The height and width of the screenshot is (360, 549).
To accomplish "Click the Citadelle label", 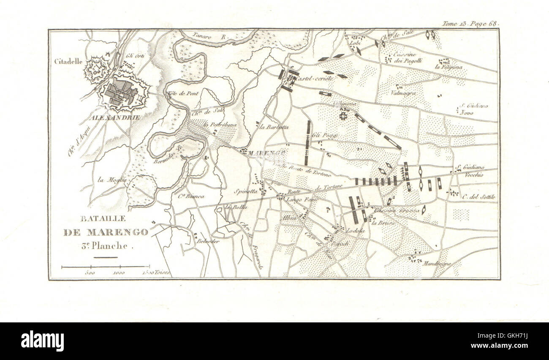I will pyautogui.click(x=67, y=61).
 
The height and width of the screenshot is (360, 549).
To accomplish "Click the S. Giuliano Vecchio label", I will pyautogui.click(x=470, y=171).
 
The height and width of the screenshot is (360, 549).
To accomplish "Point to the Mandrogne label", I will pyautogui.click(x=437, y=263).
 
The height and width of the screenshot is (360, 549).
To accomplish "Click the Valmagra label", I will pyautogui.click(x=404, y=93).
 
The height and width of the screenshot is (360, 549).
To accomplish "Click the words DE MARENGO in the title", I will pyautogui.click(x=106, y=232).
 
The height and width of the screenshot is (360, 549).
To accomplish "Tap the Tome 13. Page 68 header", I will pyautogui.click(x=470, y=24).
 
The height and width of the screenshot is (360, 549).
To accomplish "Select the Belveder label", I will pyautogui.click(x=208, y=241).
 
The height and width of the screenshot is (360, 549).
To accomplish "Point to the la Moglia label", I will pyautogui.click(x=111, y=180).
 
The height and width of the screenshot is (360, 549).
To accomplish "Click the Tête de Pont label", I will pyautogui.click(x=178, y=93).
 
